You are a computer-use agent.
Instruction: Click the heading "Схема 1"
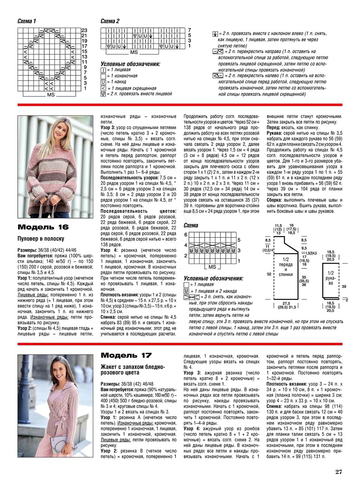pyautogui.click(x=27, y=21)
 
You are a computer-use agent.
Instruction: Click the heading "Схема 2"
pyautogui.click(x=110, y=21)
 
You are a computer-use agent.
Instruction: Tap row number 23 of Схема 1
pyautogui.click(x=84, y=30)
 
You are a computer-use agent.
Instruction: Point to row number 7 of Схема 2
pyautogui.click(x=189, y=30)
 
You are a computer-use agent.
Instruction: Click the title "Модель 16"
pyautogui.click(x=43, y=227)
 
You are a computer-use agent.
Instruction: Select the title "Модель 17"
pyautogui.click(x=126, y=355)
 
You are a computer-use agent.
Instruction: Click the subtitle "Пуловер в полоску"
pyautogui.click(x=41, y=239)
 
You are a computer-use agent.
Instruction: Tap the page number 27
pyautogui.click(x=339, y=472)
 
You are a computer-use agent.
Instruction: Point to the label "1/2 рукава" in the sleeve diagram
pyautogui.click(x=330, y=278)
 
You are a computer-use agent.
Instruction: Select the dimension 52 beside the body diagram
pyautogui.click(x=269, y=274)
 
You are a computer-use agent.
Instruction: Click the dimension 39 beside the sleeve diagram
pyautogui.click(x=344, y=286)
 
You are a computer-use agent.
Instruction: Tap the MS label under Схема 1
pyautogui.click(x=51, y=95)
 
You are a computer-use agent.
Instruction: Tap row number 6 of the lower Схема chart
pyautogui.click(x=186, y=235)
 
